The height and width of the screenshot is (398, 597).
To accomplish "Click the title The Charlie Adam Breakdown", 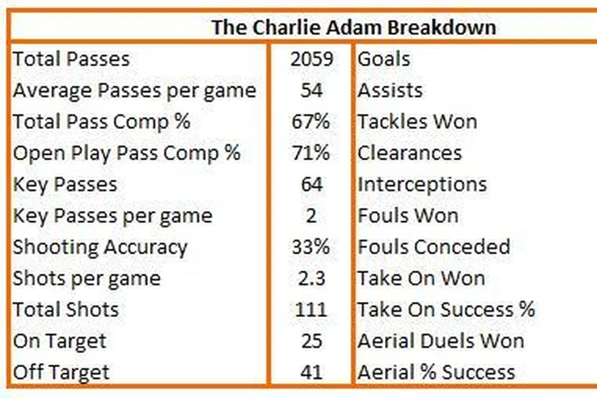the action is (354, 27).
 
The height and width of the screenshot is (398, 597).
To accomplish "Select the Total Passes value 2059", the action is (312, 59).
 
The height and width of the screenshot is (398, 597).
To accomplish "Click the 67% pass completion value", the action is (310, 122).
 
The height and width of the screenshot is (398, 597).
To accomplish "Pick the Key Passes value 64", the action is (312, 184).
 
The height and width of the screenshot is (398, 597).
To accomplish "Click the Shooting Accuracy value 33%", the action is (310, 247).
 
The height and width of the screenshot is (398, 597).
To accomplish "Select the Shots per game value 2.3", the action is (312, 279).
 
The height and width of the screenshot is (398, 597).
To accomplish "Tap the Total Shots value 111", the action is (311, 310).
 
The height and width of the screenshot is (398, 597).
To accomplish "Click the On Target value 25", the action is (312, 341).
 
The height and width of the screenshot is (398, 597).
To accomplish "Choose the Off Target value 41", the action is (312, 372).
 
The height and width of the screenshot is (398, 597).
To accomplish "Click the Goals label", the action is (384, 59).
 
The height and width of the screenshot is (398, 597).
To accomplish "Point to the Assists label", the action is (390, 90).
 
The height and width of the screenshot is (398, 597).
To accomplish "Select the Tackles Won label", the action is (417, 122).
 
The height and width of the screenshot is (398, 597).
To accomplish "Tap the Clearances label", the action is (410, 153).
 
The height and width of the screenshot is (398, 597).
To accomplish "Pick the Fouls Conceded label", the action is (434, 247).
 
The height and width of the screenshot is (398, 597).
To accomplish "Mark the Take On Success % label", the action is (446, 310).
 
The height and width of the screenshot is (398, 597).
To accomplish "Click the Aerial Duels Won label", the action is (441, 341).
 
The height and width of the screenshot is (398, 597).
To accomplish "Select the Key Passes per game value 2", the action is (312, 216).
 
